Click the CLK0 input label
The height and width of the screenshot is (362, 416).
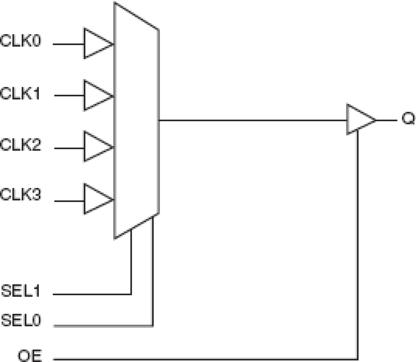coord(21,41)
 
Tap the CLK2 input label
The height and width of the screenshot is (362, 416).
coord(21,145)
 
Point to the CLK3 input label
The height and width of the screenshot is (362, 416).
coord(21,194)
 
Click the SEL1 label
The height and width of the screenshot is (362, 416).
coord(21,291)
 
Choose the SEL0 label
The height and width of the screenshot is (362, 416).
coord(21,320)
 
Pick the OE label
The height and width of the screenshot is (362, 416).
coord(30,356)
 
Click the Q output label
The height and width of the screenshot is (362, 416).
coord(408,118)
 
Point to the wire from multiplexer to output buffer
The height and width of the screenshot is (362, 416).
coord(252,120)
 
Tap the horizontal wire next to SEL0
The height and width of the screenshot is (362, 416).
coord(103,326)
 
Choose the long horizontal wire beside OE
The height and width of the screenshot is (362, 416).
coord(205,359)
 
